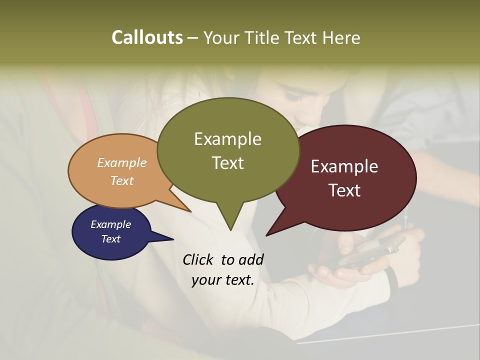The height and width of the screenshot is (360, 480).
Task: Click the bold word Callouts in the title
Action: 147,37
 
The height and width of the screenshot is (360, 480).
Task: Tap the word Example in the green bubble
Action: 227,139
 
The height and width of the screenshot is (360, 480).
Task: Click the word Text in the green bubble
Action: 227,163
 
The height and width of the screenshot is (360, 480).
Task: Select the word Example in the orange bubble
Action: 122,162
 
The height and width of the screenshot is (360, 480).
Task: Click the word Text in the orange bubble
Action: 122,180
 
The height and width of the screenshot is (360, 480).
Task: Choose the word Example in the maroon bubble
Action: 344,166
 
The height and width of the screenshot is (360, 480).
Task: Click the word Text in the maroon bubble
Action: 344,190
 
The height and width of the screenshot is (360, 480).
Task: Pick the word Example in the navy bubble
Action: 110,224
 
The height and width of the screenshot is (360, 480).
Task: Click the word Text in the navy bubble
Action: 110,239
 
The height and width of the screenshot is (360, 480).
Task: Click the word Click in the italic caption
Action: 199,259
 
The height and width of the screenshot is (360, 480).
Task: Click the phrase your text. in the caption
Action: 223,280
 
